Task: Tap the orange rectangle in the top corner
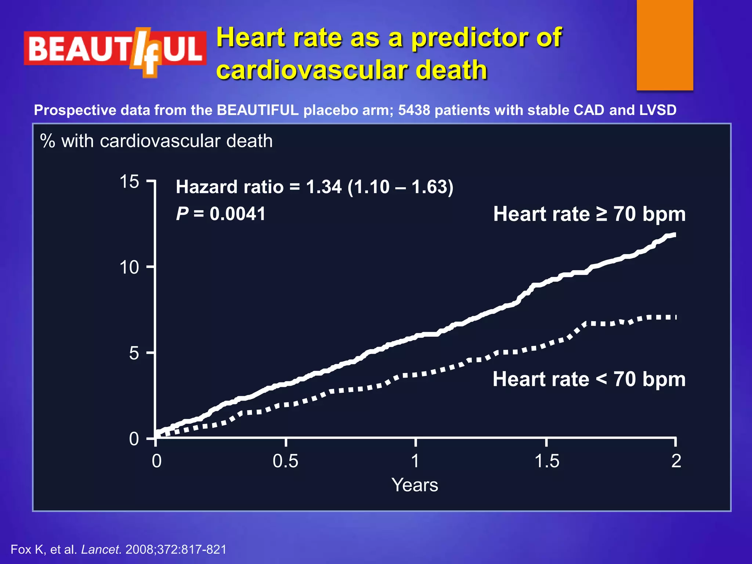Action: click(x=665, y=45)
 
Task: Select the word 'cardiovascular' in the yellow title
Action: click(x=312, y=70)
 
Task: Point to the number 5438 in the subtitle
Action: click(x=414, y=110)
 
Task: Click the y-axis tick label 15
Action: click(x=129, y=182)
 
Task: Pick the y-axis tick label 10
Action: click(x=129, y=267)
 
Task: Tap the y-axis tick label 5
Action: click(x=134, y=353)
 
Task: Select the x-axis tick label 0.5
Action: click(x=285, y=461)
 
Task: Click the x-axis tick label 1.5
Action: click(x=547, y=461)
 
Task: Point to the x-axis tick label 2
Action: click(x=676, y=461)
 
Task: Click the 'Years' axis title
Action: click(x=415, y=485)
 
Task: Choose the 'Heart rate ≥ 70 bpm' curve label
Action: click(x=589, y=214)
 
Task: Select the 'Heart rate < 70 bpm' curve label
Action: click(x=589, y=379)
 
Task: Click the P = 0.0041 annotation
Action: click(x=220, y=214)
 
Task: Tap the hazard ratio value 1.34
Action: click(x=323, y=187)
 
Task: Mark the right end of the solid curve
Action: click(x=675, y=235)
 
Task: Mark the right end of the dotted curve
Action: click(x=675, y=317)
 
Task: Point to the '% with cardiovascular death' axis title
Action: click(x=156, y=141)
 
